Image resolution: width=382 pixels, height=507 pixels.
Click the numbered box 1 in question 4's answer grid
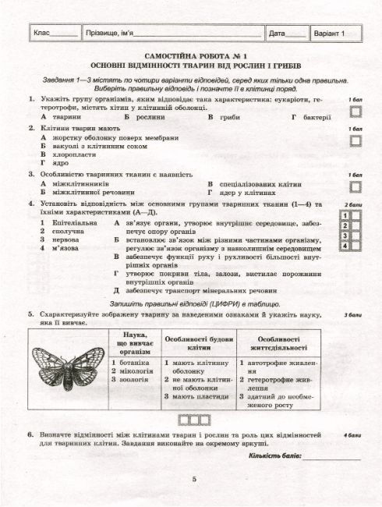345,214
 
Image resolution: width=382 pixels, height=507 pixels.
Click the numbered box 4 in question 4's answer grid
345,246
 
